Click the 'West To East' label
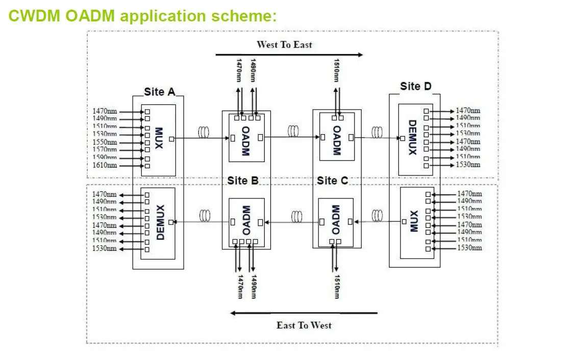point(284,44)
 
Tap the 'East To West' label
point(304,325)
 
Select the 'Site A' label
point(159,92)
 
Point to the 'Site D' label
point(415,86)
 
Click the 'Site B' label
point(243,181)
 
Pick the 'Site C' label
point(332,181)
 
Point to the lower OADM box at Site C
point(335,221)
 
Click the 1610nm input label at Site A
point(105,165)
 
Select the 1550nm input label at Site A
point(105,142)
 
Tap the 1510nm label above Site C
point(337,70)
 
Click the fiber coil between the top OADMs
point(293,132)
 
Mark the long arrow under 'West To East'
point(289,54)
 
